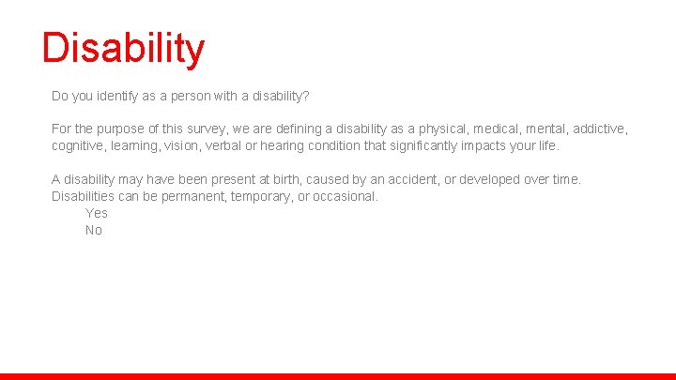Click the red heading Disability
coord(123,49)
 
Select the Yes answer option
coord(97,213)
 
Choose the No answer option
coord(94,230)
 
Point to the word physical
coord(444,129)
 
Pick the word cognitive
coord(79,145)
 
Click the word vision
coord(184,145)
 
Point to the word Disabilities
coord(84,196)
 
